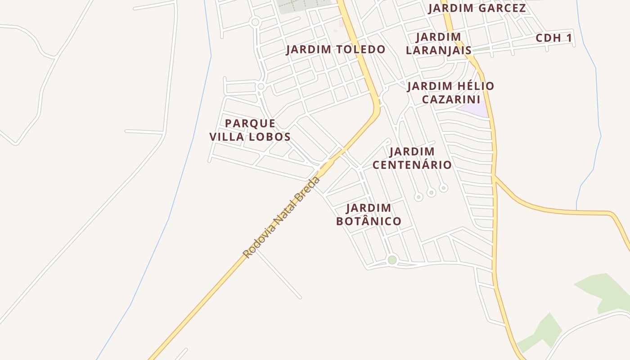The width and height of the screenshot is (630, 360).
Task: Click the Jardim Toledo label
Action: (x=336, y=49)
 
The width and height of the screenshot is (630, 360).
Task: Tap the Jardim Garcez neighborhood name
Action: (x=477, y=8)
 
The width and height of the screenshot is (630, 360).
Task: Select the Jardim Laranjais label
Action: (x=439, y=43)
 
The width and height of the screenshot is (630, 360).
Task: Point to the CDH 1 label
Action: (x=553, y=38)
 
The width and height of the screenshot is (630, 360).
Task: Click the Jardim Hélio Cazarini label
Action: (x=451, y=92)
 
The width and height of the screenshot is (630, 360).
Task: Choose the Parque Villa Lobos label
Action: (x=250, y=130)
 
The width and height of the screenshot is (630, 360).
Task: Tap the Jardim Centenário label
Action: (x=412, y=158)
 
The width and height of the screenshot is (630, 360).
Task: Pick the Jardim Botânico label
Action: (x=369, y=215)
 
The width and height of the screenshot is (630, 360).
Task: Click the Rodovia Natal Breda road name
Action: (x=281, y=217)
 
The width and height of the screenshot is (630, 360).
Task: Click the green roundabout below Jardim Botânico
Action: (x=392, y=260)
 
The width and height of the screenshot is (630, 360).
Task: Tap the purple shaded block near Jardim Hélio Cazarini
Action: (x=475, y=109)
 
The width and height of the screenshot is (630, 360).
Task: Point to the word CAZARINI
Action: (x=451, y=99)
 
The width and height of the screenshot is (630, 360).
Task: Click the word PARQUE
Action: (x=250, y=123)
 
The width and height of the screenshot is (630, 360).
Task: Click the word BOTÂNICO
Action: (x=369, y=221)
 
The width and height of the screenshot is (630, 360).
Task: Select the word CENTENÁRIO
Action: (x=412, y=165)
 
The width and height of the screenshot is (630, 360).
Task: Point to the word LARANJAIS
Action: (x=439, y=50)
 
